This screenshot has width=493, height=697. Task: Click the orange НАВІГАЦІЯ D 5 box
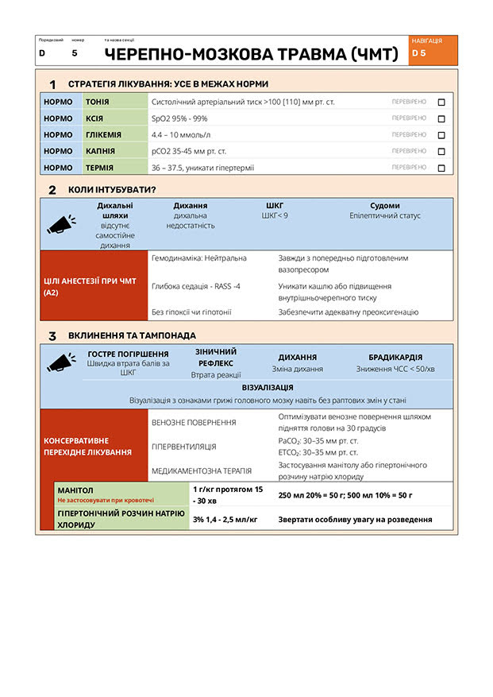[x=433, y=49]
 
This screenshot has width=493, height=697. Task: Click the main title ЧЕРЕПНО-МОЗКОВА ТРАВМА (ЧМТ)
[x=251, y=54]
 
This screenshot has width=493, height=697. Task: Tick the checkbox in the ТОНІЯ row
[x=441, y=103]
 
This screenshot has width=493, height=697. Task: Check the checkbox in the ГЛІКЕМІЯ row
[x=441, y=135]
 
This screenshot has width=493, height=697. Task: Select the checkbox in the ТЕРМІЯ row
[x=441, y=168]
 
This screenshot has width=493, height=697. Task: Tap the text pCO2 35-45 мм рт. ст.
[x=189, y=151]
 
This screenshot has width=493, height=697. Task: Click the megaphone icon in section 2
[x=61, y=224]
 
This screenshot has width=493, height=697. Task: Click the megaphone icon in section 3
[x=61, y=362]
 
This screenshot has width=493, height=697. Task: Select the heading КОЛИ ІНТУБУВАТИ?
[x=112, y=190]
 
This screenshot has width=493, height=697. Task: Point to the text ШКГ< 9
[x=275, y=215]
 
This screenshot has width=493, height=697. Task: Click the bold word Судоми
[x=385, y=206]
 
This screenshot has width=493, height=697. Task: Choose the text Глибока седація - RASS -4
[x=196, y=286]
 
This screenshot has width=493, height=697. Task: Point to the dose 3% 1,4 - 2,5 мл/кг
[x=225, y=520]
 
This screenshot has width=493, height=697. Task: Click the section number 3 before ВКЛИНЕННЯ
[x=52, y=336]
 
